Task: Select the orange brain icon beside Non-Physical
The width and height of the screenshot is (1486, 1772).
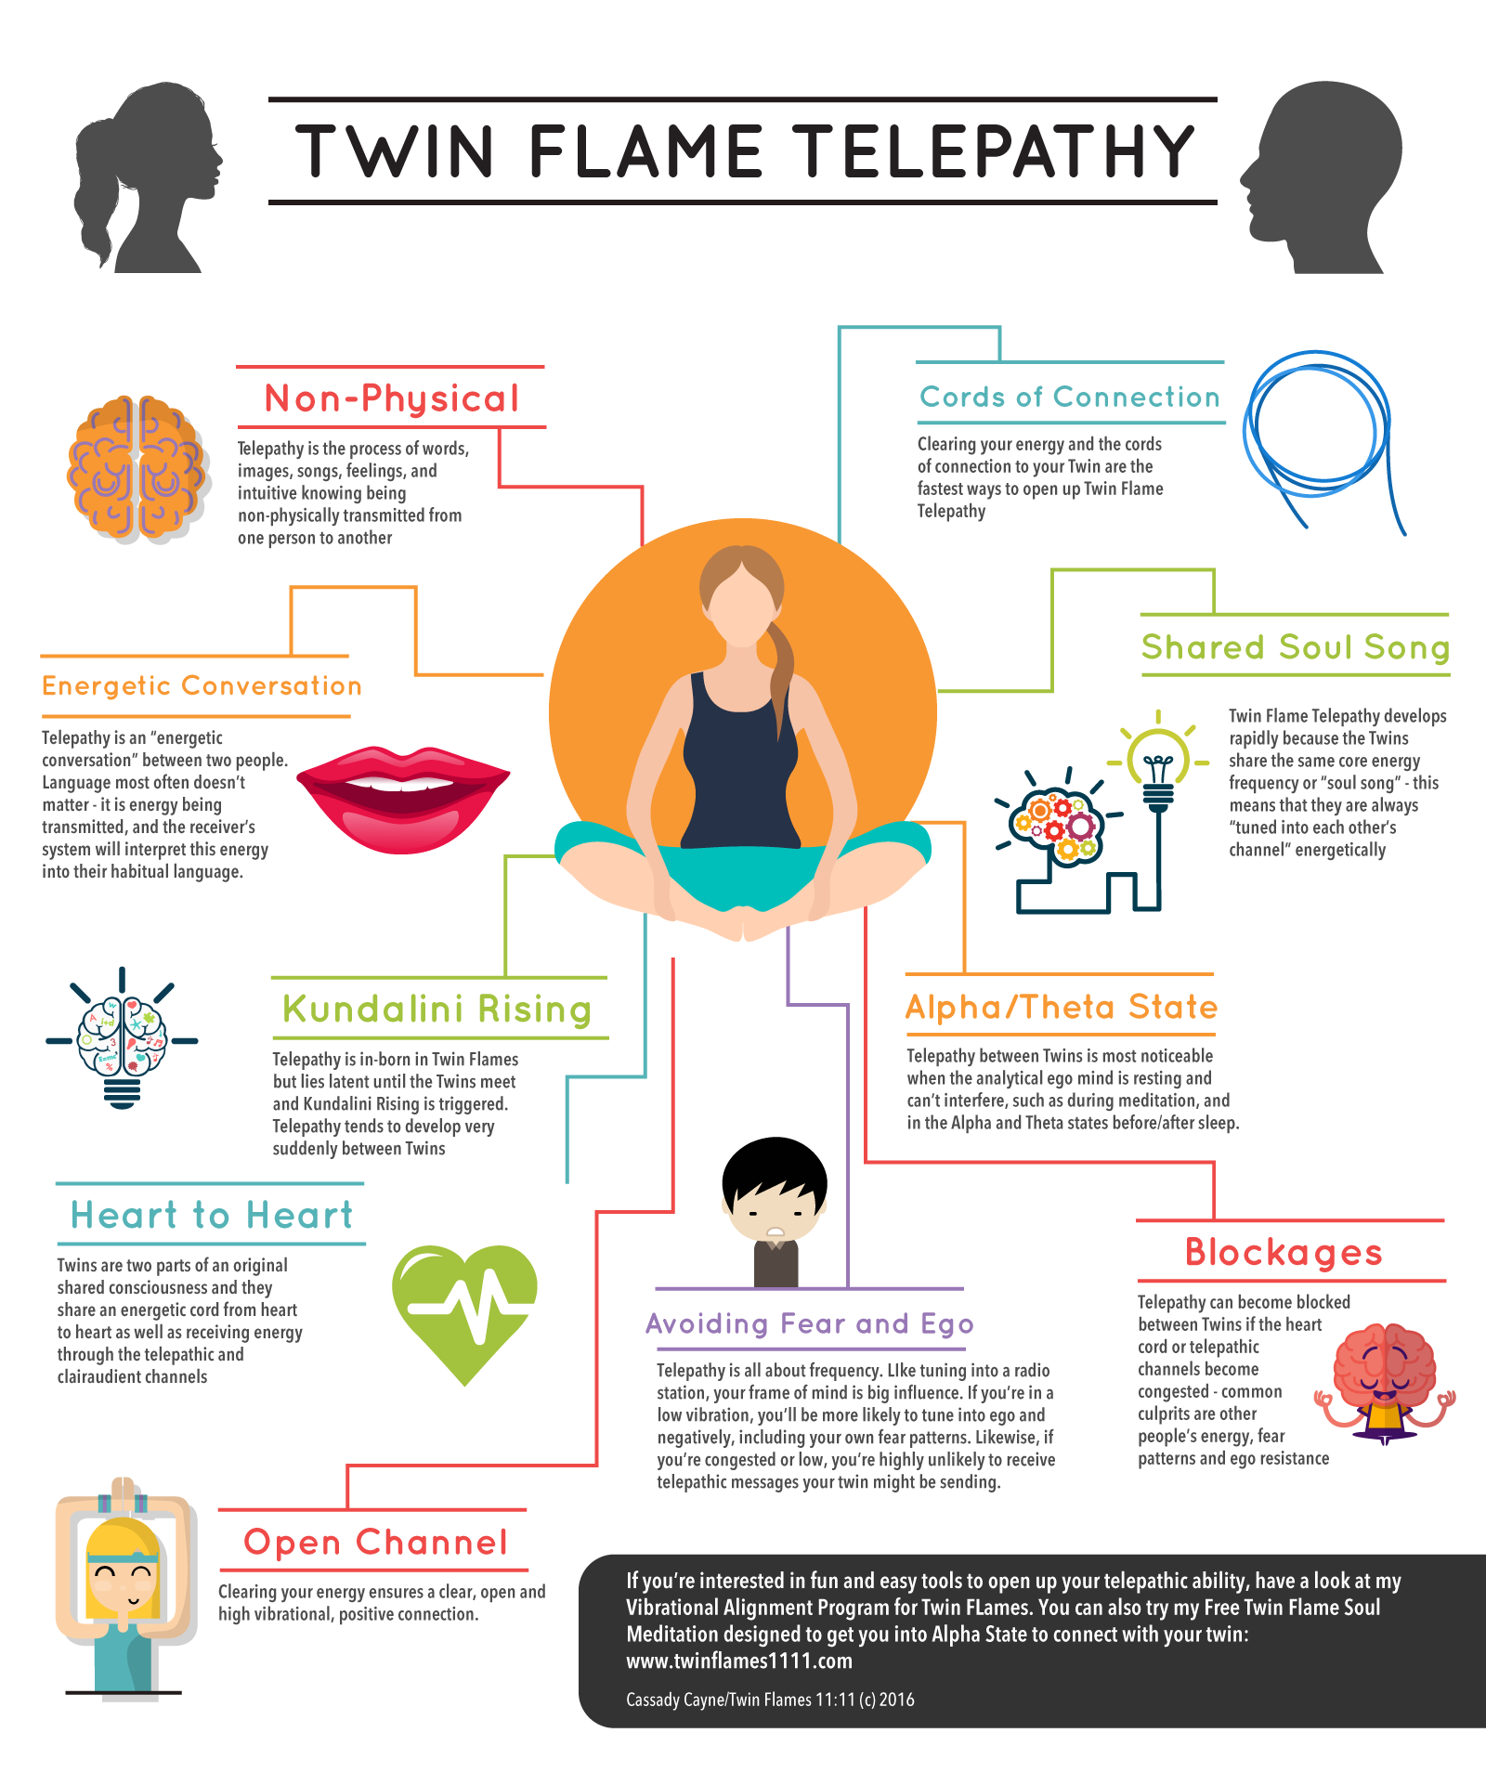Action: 137,469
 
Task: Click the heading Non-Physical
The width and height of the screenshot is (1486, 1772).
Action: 391,398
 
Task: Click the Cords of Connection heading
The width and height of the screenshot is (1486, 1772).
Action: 1069,397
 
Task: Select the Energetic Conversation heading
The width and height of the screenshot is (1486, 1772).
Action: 202,685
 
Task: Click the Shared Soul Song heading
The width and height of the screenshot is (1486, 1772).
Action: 1295,646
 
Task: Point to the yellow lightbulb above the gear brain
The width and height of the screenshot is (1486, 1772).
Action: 1157,762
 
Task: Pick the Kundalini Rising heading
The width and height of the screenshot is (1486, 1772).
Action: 437,1009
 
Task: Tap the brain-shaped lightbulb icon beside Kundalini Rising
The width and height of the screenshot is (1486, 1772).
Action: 123,1040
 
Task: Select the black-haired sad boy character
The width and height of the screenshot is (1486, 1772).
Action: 775,1207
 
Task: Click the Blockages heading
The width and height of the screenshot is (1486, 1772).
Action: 1284,1252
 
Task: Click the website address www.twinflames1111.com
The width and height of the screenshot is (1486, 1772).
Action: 739,1661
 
